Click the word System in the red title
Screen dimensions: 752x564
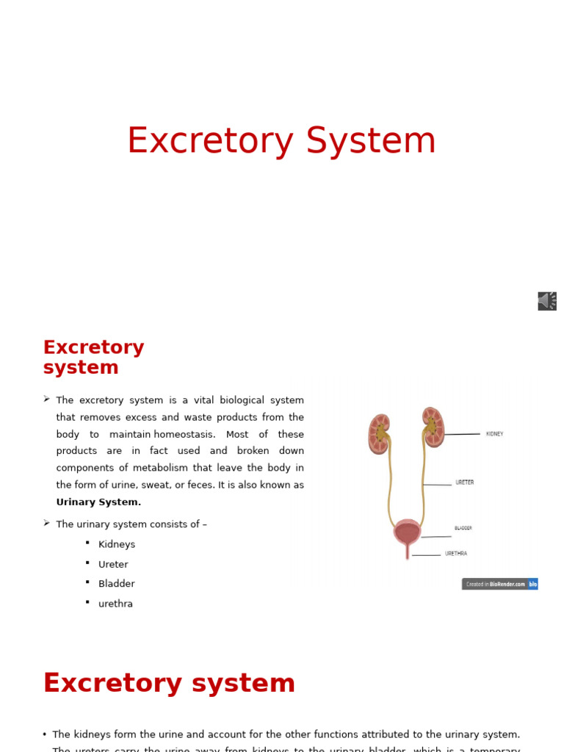coord(371,141)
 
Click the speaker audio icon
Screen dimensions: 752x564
coord(547,301)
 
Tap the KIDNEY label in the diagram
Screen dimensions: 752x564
coord(494,434)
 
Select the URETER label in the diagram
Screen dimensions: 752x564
coord(464,482)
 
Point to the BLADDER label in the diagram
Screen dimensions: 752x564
coord(463,528)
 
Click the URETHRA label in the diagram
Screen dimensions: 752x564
coord(455,554)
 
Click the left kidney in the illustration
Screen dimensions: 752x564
coord(379,434)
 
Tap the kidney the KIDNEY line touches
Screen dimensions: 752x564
coord(433,427)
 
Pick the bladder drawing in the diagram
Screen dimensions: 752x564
coord(408,532)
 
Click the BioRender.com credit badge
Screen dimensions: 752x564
coord(499,584)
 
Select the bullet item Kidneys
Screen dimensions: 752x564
coord(117,545)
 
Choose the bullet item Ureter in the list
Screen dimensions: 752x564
coord(113,565)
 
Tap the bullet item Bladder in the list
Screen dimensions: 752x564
coord(117,584)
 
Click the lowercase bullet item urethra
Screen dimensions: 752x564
coord(115,604)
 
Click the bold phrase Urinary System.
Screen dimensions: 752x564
coord(98,502)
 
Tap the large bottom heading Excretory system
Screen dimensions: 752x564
coord(169,684)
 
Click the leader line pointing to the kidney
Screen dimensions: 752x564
coord(463,434)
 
